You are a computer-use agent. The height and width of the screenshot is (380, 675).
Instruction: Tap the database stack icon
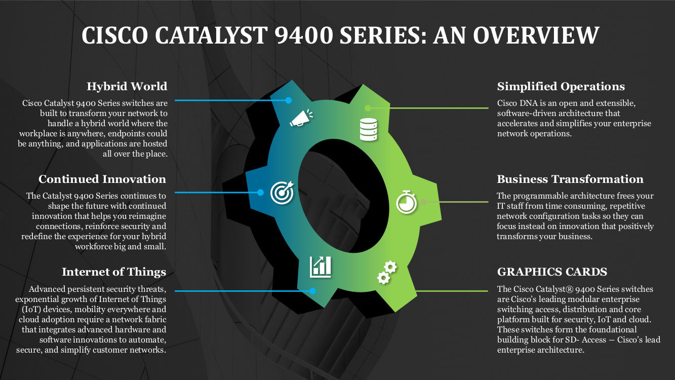coord(368,130)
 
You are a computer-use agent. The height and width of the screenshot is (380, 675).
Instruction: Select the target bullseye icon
coord(282,193)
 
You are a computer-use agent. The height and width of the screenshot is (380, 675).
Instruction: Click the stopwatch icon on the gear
coord(406,202)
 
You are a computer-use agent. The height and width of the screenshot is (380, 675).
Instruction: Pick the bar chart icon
coord(321,266)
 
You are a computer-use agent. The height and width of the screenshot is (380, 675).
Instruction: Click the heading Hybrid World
coord(127,86)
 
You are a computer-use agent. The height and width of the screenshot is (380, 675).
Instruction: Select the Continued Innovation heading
coord(102,179)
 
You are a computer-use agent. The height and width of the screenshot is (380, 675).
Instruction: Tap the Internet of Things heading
coord(114,272)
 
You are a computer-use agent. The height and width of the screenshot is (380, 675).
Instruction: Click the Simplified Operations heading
coord(561,86)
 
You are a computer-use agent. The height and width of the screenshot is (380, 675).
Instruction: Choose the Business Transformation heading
coord(570,179)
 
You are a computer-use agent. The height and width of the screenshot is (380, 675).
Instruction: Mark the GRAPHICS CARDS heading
coord(552,272)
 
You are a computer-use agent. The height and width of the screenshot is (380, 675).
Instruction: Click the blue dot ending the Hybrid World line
coord(289,100)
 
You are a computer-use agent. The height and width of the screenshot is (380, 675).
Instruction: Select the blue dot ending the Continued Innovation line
coord(260,193)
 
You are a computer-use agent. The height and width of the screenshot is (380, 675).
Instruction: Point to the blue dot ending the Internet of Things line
coord(312,291)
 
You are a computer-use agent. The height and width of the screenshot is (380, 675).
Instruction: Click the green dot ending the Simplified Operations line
coord(368,108)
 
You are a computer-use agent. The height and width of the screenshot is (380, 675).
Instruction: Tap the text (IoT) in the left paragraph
coord(31,309)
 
